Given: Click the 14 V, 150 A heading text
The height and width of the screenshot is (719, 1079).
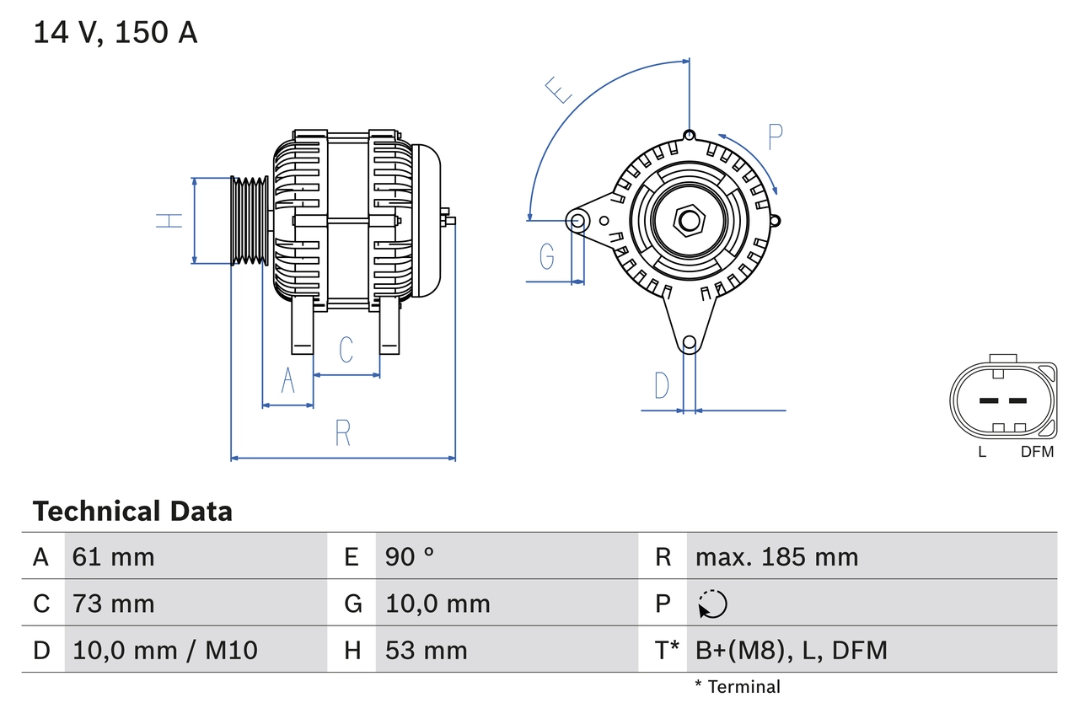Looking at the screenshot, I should (x=115, y=33).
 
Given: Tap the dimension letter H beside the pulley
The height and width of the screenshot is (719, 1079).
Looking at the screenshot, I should (x=169, y=221).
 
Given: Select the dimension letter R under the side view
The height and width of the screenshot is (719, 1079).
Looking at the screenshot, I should (x=342, y=433).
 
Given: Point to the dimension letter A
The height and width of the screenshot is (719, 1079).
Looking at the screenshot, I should (x=288, y=382).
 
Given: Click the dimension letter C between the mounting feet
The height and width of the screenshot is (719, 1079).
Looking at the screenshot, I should (x=346, y=349).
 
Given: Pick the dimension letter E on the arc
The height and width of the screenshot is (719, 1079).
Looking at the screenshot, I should (x=558, y=89).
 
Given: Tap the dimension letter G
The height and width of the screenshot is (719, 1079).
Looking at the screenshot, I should (x=547, y=255).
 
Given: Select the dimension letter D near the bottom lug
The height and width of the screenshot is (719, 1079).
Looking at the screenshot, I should (x=662, y=385).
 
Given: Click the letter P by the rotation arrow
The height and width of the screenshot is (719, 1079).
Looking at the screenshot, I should (x=776, y=137).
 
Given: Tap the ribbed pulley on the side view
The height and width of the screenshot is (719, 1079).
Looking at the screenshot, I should (x=250, y=221).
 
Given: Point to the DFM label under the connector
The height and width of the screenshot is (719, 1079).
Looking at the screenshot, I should (x=1037, y=452).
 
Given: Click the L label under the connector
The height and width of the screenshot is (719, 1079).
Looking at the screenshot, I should (x=982, y=452).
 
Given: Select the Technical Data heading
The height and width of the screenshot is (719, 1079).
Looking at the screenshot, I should (x=132, y=512).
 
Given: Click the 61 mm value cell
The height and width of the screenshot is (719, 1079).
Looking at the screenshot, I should (x=114, y=556).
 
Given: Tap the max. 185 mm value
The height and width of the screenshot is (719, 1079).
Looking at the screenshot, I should (x=776, y=556).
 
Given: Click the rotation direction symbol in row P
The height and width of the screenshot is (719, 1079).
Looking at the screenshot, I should (x=712, y=604).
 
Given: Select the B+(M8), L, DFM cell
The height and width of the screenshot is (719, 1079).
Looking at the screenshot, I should (x=791, y=650).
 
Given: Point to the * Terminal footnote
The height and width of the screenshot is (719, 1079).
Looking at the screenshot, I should (x=738, y=686).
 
